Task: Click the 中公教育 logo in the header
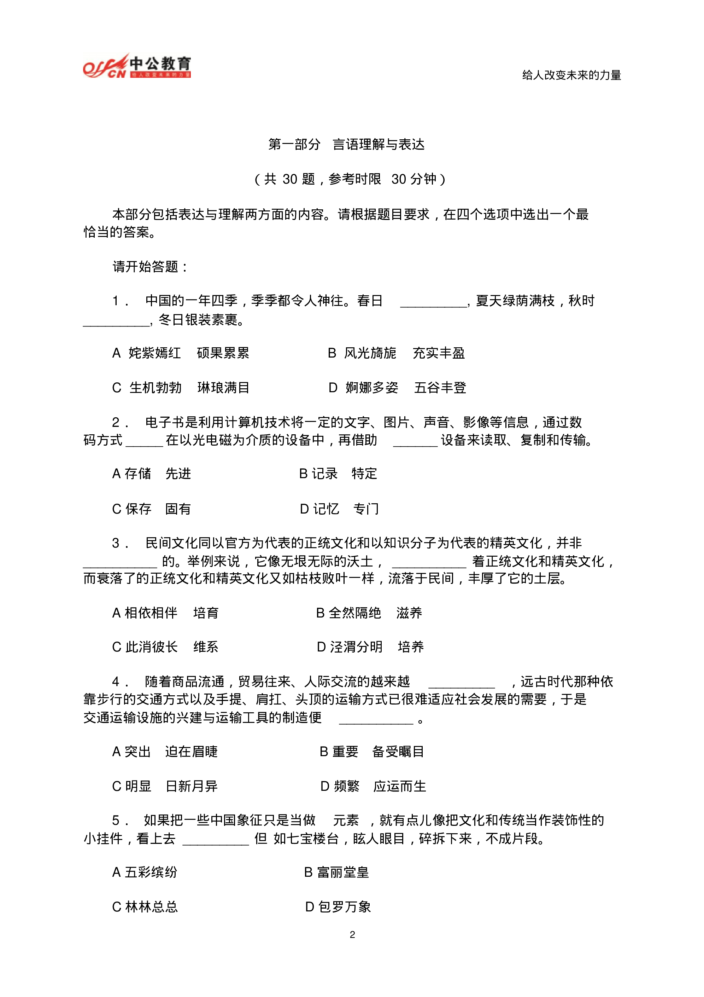(137, 66)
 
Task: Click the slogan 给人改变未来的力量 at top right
(571, 75)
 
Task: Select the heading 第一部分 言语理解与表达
(346, 144)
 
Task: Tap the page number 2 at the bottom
(352, 934)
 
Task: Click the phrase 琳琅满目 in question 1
(223, 387)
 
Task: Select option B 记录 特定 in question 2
(338, 473)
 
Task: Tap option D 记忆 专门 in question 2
(339, 509)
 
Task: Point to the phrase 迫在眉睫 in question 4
(192, 752)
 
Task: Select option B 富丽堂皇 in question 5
(336, 873)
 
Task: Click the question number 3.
(116, 543)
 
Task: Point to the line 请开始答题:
(150, 266)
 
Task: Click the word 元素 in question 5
(346, 820)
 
